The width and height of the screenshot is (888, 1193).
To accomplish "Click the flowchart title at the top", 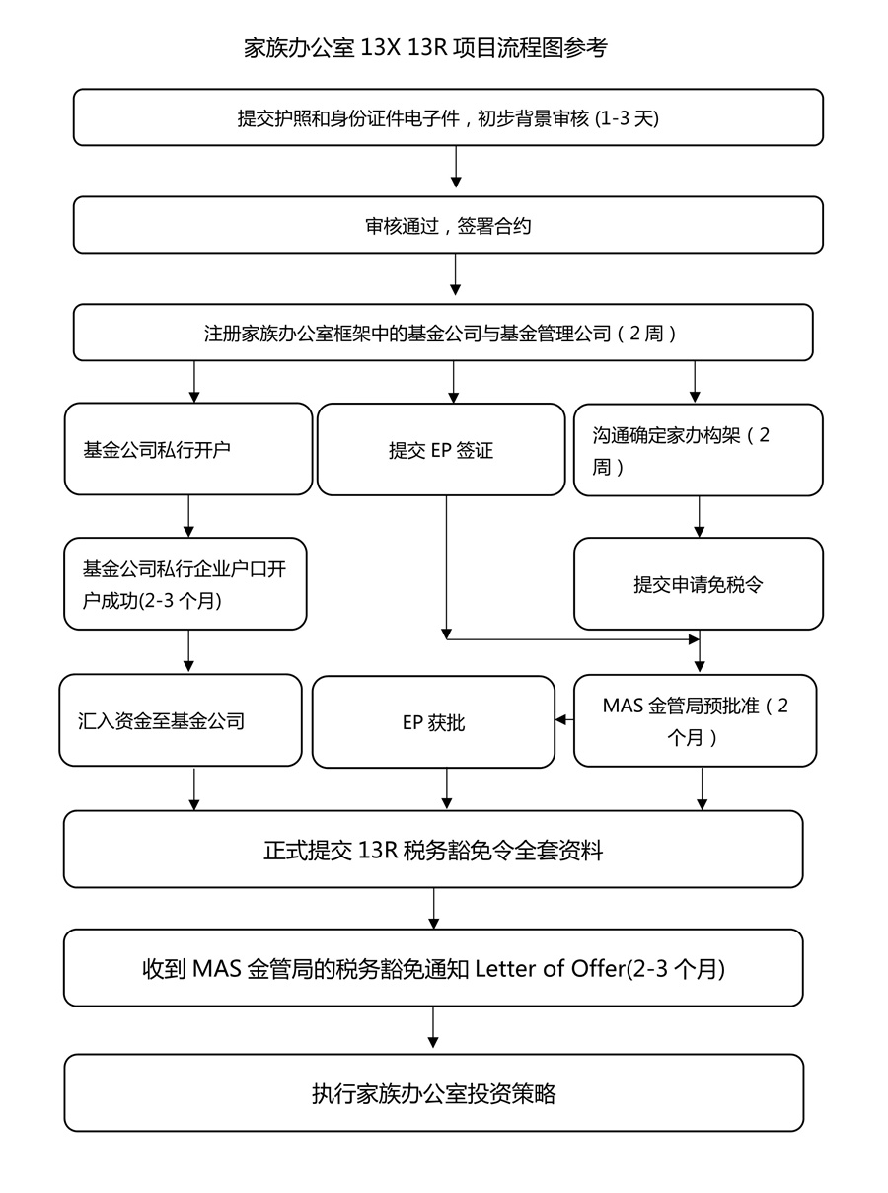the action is (x=425, y=48).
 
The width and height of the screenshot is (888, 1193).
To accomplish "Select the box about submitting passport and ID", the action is (x=448, y=117).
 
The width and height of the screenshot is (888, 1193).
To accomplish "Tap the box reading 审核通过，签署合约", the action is (x=448, y=225).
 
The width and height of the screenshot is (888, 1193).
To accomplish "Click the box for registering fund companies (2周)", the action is (x=443, y=333).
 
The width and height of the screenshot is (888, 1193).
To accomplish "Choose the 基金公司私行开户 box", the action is (x=188, y=449).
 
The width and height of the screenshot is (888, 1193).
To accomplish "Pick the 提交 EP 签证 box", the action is (x=441, y=450).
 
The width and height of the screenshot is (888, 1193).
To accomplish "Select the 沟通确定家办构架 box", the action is (x=699, y=450).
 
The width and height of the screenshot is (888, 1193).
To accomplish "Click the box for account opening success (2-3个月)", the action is (x=185, y=583).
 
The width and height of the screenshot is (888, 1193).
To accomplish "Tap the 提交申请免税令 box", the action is (x=699, y=583).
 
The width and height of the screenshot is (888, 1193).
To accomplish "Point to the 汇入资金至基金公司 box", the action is (x=181, y=720).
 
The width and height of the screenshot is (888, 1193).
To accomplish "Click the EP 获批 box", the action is (x=433, y=722).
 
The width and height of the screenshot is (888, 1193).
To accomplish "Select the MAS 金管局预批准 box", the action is (x=696, y=720).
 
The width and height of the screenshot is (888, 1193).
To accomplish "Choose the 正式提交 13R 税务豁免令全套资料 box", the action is (x=433, y=850).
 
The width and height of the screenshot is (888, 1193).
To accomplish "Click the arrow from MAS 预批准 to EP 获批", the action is (x=564, y=719).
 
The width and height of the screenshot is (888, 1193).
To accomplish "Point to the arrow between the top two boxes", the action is (x=456, y=167).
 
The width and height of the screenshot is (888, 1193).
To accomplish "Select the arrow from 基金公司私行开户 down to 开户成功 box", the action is (x=188, y=516).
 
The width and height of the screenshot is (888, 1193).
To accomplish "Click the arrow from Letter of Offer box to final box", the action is (x=433, y=1027).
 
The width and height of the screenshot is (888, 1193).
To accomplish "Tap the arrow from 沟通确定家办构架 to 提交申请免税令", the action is (x=700, y=517).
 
